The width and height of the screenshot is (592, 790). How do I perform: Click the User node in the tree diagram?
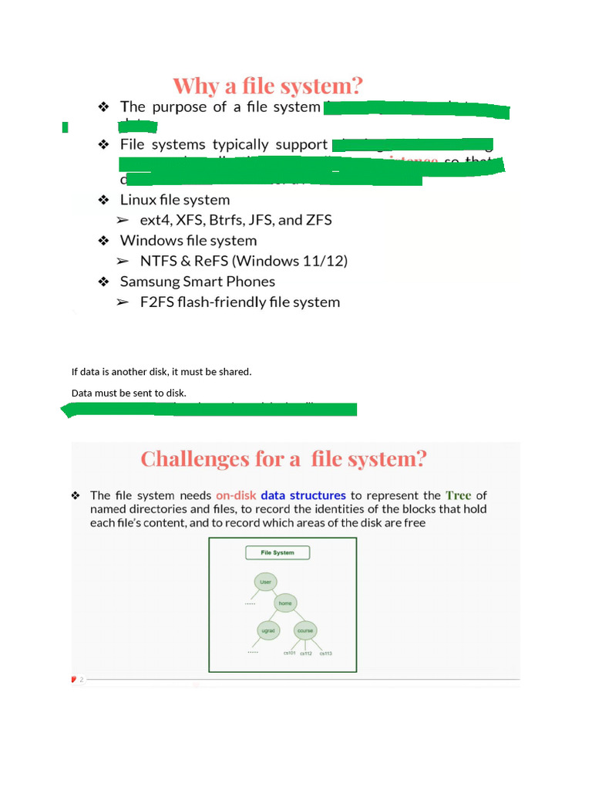click(x=266, y=582)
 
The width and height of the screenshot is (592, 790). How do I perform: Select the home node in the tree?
click(x=285, y=603)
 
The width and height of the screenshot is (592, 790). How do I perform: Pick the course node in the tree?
click(x=304, y=630)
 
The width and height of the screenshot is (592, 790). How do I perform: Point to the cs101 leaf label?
click(x=289, y=653)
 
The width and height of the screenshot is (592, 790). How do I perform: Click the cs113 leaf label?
click(x=325, y=653)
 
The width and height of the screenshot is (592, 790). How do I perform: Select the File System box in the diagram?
click(x=277, y=552)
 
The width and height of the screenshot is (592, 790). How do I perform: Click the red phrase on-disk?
click(x=235, y=495)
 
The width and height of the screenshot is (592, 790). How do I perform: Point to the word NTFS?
click(x=159, y=261)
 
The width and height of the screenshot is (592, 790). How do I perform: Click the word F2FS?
click(x=156, y=302)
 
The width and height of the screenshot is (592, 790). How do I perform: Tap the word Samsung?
click(x=150, y=282)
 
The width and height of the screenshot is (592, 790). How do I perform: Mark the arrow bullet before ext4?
click(x=123, y=221)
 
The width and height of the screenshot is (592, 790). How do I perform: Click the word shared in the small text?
click(x=234, y=372)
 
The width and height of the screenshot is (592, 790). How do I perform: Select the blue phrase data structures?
click(x=303, y=495)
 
